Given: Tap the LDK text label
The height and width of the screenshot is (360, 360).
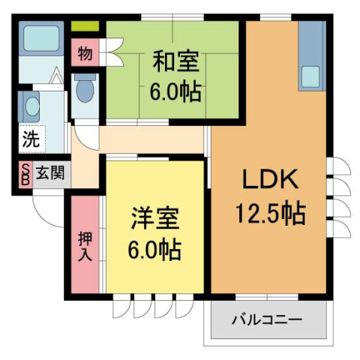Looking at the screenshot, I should point(270,180).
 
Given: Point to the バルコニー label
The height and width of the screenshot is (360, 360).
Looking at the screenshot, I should point(267,320).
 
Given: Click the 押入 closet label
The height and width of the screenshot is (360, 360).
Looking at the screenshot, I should point(85,245).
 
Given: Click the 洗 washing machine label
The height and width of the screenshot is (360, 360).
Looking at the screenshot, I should point(29,139).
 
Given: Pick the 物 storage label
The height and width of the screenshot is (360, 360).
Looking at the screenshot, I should point(84,54).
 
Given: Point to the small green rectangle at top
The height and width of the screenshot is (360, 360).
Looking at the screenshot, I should point(85,27).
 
